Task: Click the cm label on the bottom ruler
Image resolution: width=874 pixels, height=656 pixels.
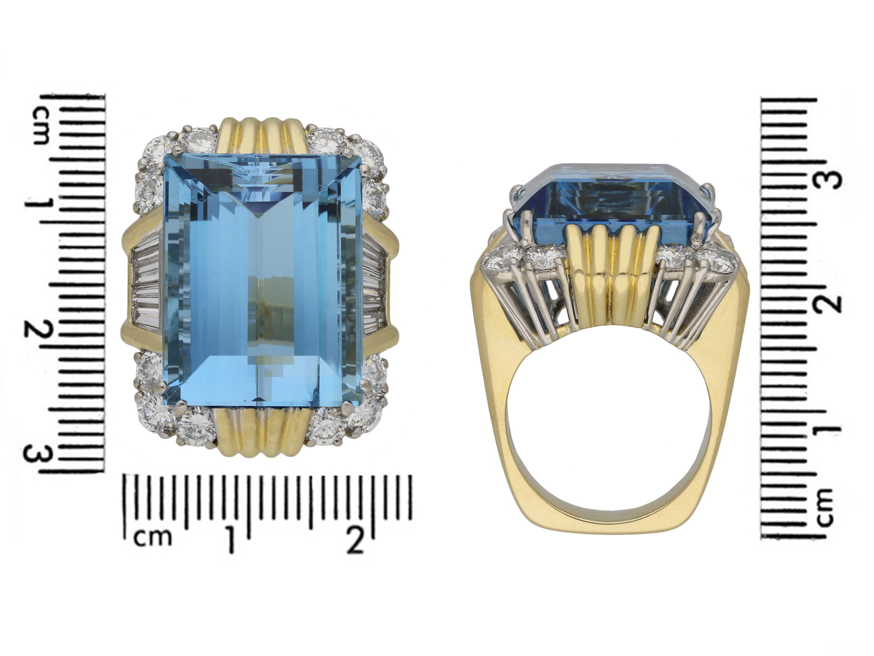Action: (154, 538)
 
